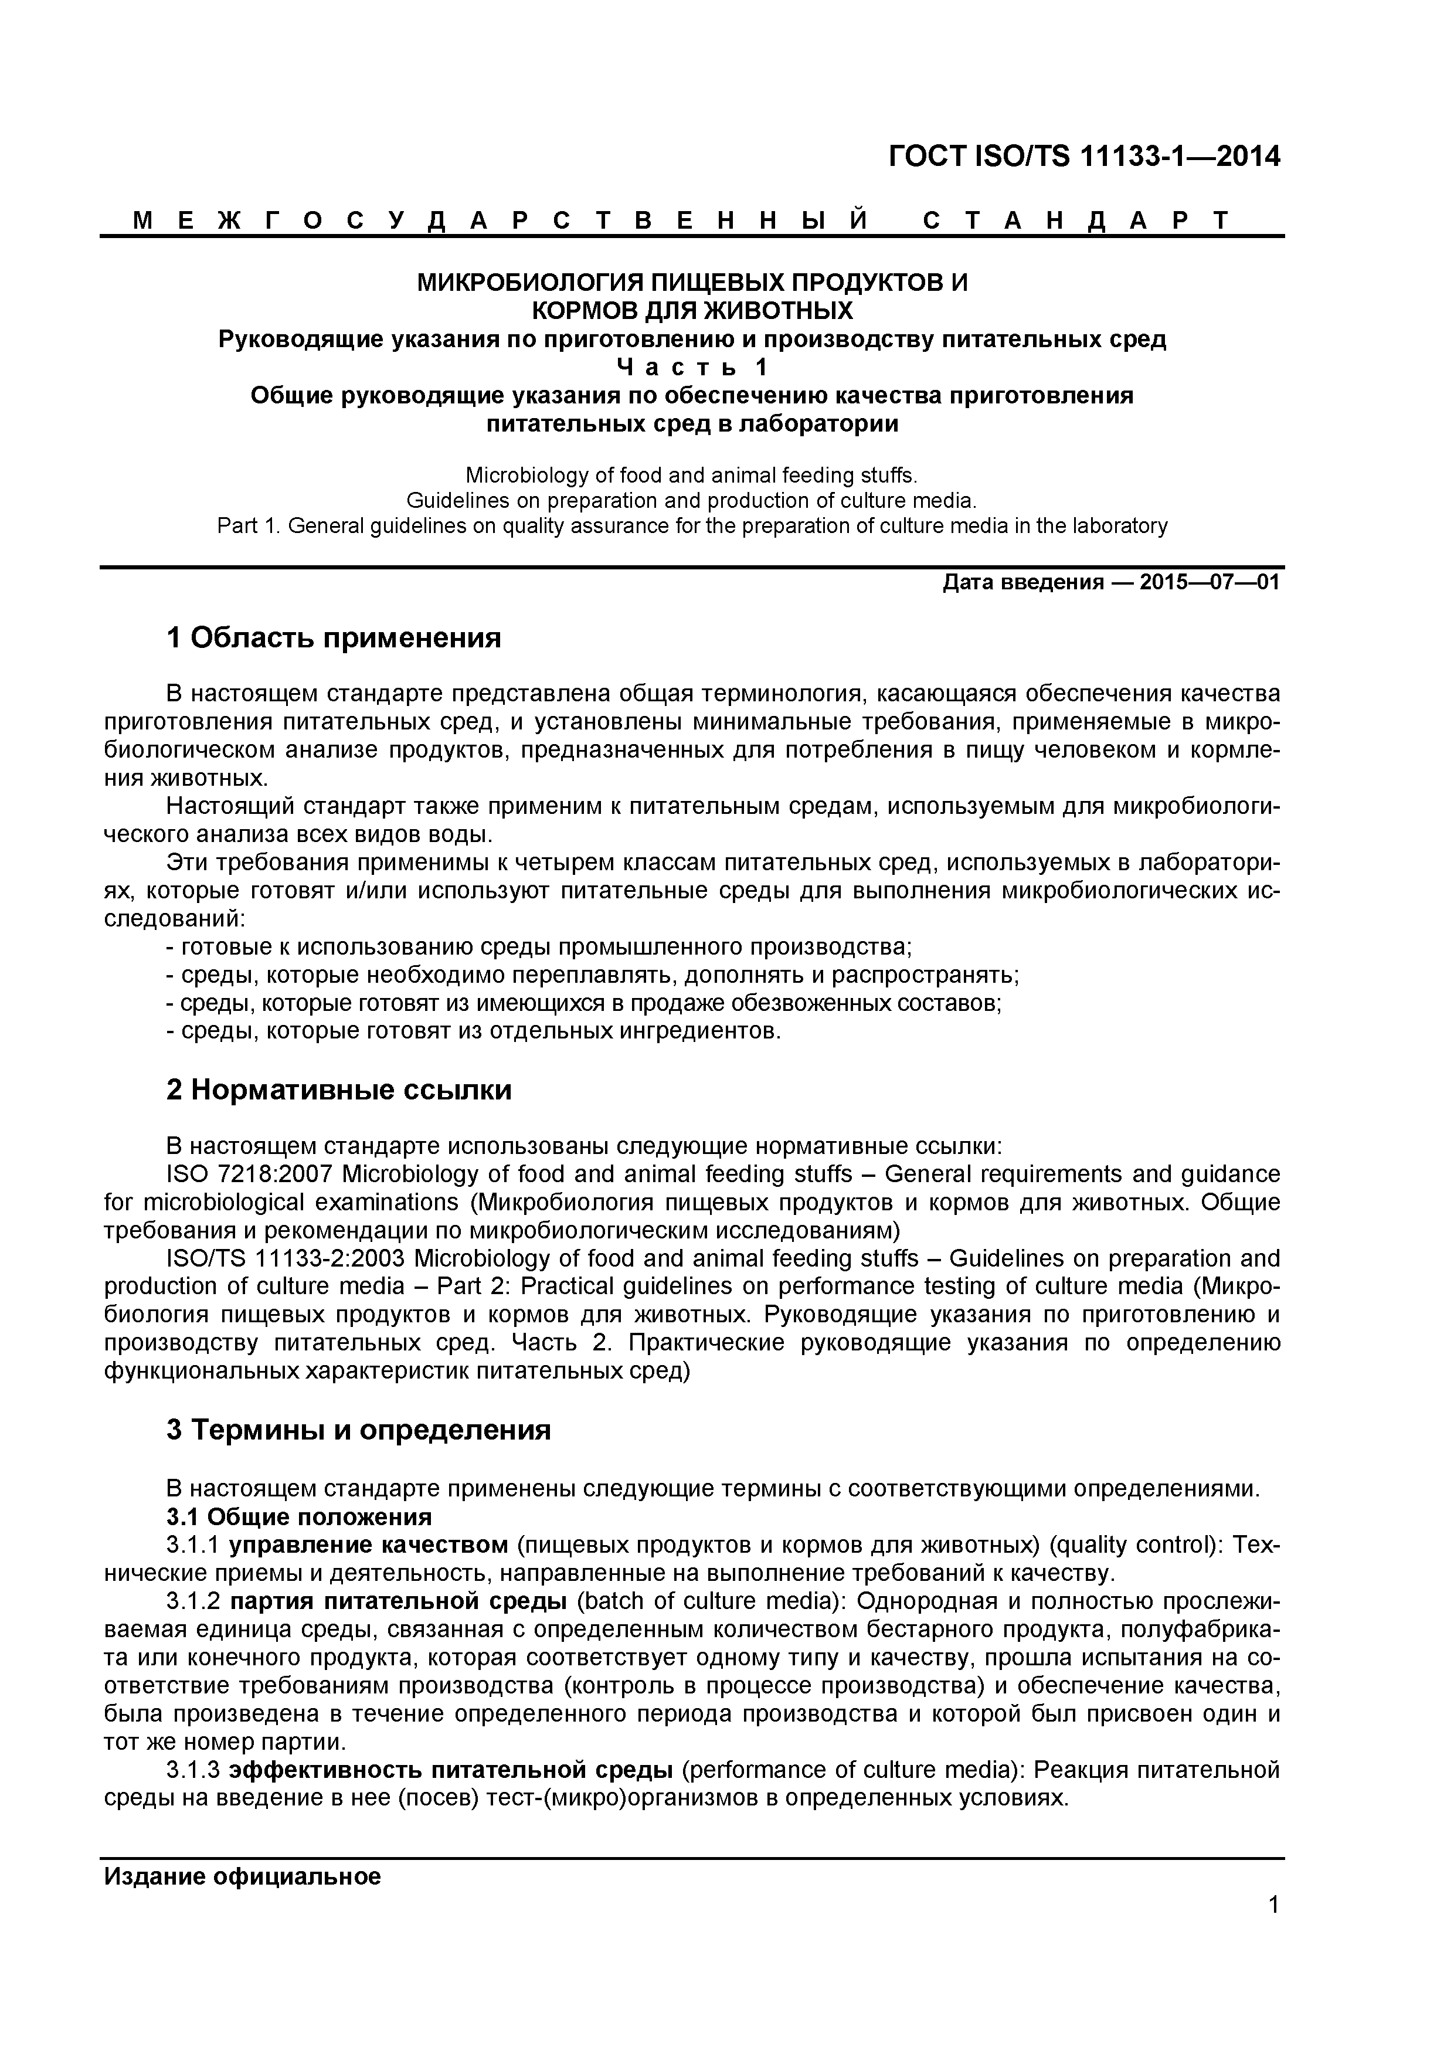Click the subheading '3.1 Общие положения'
tap(299, 1517)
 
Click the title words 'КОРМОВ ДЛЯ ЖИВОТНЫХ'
tap(692, 311)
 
